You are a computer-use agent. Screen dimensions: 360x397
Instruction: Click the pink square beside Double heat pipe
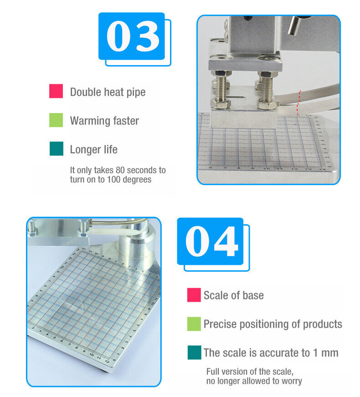[56, 91]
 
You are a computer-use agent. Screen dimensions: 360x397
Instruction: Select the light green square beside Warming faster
[56, 120]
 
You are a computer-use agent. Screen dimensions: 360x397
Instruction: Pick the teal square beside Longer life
[57, 149]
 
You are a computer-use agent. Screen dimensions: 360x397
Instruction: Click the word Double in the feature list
[85, 92]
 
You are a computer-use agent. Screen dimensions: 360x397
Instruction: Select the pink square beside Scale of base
[194, 295]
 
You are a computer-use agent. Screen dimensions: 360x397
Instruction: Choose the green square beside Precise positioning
[194, 324]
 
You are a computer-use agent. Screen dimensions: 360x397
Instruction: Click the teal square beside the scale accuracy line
[195, 352]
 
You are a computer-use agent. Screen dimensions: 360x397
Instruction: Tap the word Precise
[220, 324]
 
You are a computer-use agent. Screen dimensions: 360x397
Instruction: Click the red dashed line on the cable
[298, 102]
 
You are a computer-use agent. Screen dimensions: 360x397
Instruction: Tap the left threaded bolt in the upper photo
[221, 89]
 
